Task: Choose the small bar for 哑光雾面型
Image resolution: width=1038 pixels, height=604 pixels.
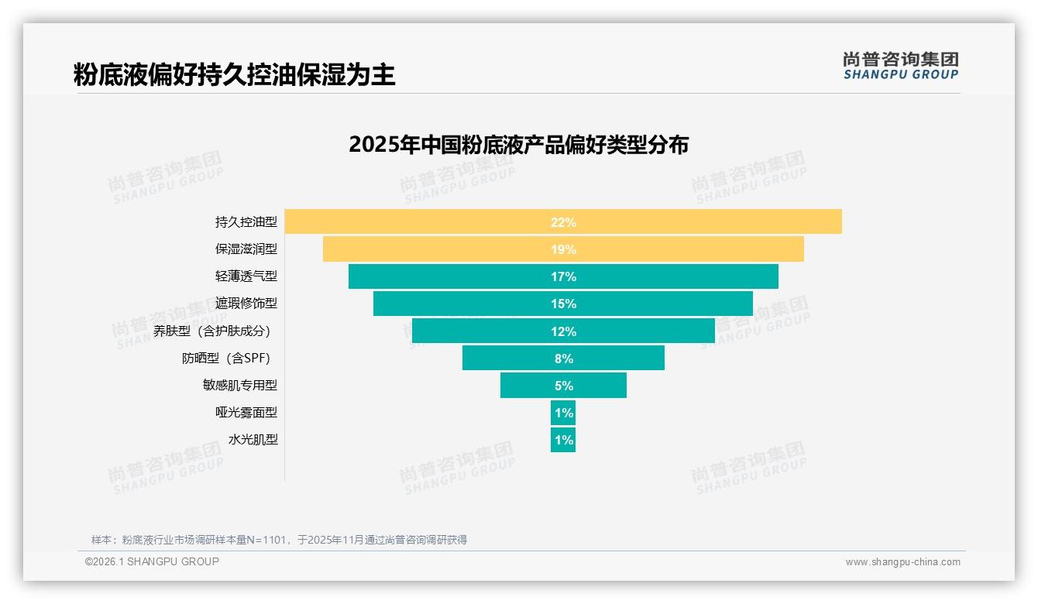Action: (x=563, y=413)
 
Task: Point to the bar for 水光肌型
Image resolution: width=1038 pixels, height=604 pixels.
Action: (x=563, y=440)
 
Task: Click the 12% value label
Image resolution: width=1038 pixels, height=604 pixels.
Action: (x=563, y=331)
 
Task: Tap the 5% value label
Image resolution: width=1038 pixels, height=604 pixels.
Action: (x=563, y=386)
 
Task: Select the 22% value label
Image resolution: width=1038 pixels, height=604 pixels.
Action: (x=563, y=222)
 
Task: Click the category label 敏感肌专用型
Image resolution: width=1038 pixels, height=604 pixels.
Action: (x=239, y=385)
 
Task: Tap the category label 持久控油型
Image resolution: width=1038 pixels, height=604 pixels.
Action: (x=246, y=222)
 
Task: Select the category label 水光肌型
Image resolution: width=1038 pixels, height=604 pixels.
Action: (x=253, y=440)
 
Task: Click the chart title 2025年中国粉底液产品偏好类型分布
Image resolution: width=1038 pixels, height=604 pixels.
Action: (x=518, y=145)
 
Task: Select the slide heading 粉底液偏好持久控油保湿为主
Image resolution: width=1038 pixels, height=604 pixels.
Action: (x=234, y=75)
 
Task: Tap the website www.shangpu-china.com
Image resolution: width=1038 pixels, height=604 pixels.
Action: (x=902, y=562)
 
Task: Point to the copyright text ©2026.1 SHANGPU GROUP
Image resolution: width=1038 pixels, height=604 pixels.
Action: (x=152, y=561)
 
